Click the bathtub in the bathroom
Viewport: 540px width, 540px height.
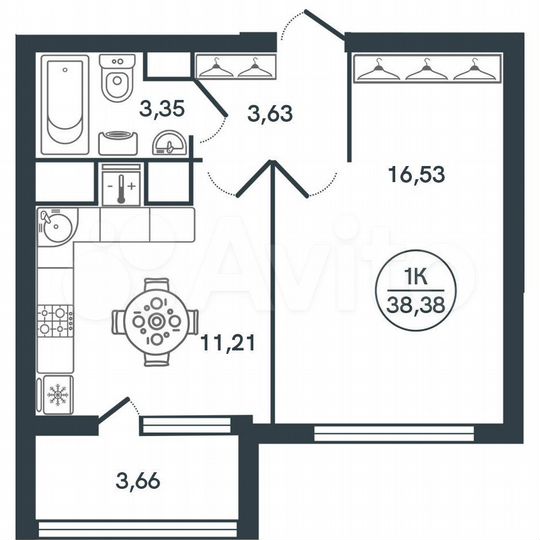[67, 105]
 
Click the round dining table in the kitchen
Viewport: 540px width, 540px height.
[155, 322]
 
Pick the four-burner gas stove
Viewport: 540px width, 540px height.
[56, 320]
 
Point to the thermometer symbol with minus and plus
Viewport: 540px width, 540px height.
[120, 186]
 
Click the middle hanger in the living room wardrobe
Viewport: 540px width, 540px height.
[425, 68]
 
